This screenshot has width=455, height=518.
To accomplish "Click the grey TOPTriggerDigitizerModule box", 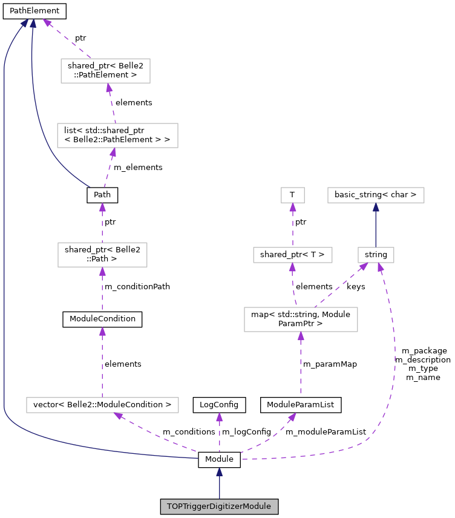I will click(219, 507).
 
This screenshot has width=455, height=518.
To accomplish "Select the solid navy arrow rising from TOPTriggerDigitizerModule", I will click(219, 484).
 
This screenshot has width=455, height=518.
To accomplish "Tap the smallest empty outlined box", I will click(293, 195).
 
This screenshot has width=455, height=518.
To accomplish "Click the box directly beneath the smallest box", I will click(293, 255).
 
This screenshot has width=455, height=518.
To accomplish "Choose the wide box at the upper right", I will click(376, 195).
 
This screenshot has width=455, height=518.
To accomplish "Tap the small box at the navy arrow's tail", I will click(376, 255).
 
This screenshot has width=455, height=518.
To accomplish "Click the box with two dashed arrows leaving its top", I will click(301, 320).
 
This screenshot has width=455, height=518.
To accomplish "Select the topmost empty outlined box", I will click(105, 71).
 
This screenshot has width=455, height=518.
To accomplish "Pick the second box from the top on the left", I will click(117, 136).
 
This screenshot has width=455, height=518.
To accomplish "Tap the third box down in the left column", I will click(102, 255).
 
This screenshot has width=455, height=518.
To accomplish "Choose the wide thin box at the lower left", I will click(102, 405).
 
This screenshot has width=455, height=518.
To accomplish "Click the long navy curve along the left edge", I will click(4, 242).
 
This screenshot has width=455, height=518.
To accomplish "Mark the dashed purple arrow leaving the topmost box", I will click(67, 39).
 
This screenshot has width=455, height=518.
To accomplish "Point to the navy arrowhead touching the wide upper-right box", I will click(376, 207).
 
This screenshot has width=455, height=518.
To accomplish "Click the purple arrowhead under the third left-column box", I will click(102, 272).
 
